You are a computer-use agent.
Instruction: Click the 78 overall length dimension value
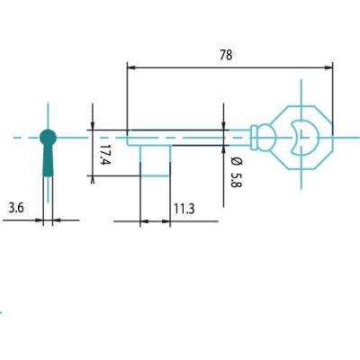[x=226, y=55]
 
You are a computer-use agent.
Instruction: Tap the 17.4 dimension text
[x=105, y=155]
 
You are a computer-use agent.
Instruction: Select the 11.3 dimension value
[x=184, y=209]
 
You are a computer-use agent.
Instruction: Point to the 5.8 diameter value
[x=236, y=179]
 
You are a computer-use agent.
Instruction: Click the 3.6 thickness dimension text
[x=16, y=208]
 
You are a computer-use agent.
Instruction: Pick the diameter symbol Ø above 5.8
[x=237, y=161]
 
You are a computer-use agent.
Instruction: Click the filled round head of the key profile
[x=48, y=138]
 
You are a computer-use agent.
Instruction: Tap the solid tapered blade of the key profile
[x=48, y=160]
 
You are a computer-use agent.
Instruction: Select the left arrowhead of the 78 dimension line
[x=131, y=67]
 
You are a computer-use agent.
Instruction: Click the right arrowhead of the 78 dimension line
[x=329, y=67]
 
